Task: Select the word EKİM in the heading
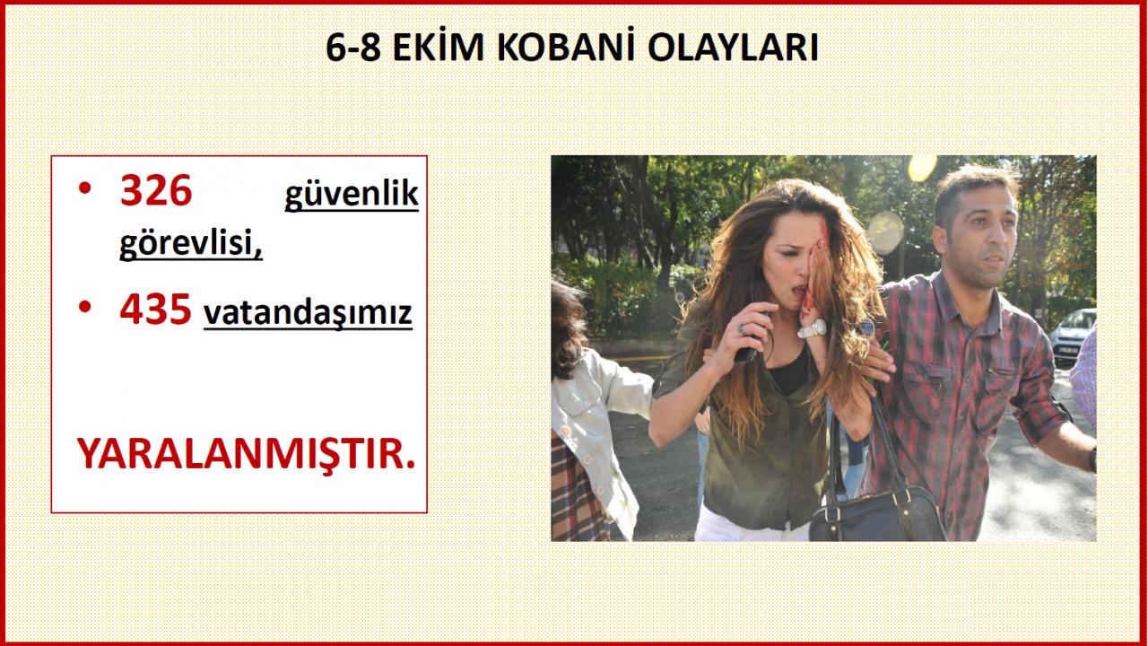click(439, 48)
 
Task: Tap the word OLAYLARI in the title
click(734, 48)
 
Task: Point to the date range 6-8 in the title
click(352, 48)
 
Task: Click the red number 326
click(156, 190)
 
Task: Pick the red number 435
click(156, 310)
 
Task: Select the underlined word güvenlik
click(352, 196)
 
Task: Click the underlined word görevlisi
click(191, 242)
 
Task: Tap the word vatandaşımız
click(308, 313)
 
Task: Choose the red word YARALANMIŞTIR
click(246, 454)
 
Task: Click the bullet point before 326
click(85, 188)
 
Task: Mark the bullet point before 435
click(85, 307)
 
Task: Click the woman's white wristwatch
click(813, 328)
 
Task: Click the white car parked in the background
click(1073, 336)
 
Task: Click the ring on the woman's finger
click(741, 327)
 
